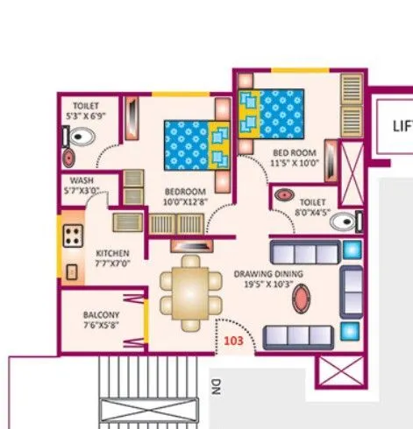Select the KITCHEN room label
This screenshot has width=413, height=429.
(112, 253)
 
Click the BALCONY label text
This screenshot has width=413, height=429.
(101, 314)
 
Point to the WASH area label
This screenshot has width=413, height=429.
(82, 181)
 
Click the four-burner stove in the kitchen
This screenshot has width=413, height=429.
(72, 236)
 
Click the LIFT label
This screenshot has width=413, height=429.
(402, 125)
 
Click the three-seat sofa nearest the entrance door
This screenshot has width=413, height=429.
(298, 336)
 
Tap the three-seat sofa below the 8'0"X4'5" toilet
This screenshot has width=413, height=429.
(303, 253)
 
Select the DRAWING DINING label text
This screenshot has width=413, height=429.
(268, 274)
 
